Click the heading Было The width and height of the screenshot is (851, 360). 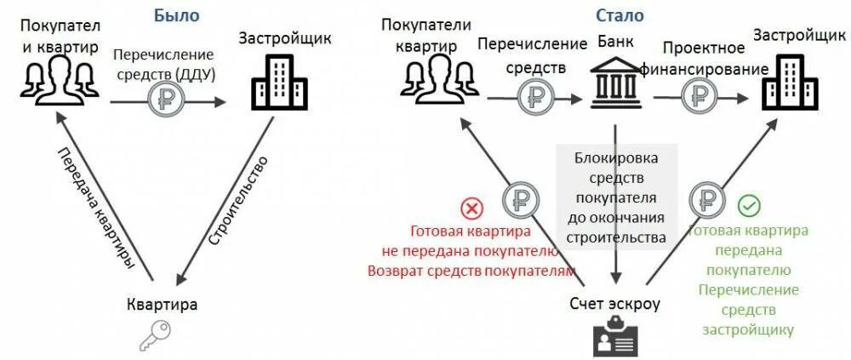click(x=176, y=15)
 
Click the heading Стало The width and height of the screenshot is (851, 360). click(x=620, y=15)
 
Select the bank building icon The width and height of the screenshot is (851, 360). click(x=615, y=86)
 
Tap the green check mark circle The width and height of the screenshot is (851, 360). click(x=749, y=205)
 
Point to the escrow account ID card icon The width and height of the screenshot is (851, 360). click(x=615, y=339)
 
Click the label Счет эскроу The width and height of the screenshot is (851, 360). click(x=614, y=303)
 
